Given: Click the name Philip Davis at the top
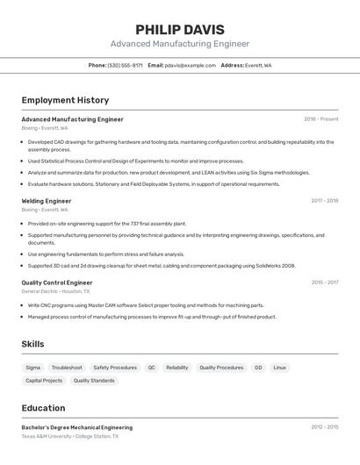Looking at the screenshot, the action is (x=180, y=29).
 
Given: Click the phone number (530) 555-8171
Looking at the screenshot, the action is (x=125, y=65).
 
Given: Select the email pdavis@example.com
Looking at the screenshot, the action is (x=191, y=65).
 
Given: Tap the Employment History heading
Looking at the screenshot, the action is (x=65, y=100).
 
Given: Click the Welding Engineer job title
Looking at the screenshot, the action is (x=47, y=201).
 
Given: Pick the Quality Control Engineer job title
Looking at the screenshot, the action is (x=57, y=283).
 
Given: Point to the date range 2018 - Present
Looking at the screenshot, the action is (x=320, y=119).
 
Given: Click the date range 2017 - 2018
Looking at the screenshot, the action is (x=324, y=201).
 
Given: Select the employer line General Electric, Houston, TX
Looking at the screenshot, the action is (x=57, y=291).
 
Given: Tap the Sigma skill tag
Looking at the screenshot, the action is (x=33, y=368).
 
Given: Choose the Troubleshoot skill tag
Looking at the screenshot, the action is (x=67, y=368).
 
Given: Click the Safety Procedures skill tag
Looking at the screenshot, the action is (x=115, y=368).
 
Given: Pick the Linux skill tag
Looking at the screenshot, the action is (x=279, y=368).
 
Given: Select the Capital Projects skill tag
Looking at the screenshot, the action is (x=44, y=381).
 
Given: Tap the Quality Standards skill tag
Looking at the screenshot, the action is (x=94, y=381).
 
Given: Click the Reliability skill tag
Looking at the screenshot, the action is (x=177, y=368).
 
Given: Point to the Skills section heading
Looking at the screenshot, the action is (x=32, y=344).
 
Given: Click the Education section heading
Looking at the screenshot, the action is (x=43, y=408).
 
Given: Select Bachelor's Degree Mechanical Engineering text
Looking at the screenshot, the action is (x=77, y=427).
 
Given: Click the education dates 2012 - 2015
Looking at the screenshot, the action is (x=324, y=427).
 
